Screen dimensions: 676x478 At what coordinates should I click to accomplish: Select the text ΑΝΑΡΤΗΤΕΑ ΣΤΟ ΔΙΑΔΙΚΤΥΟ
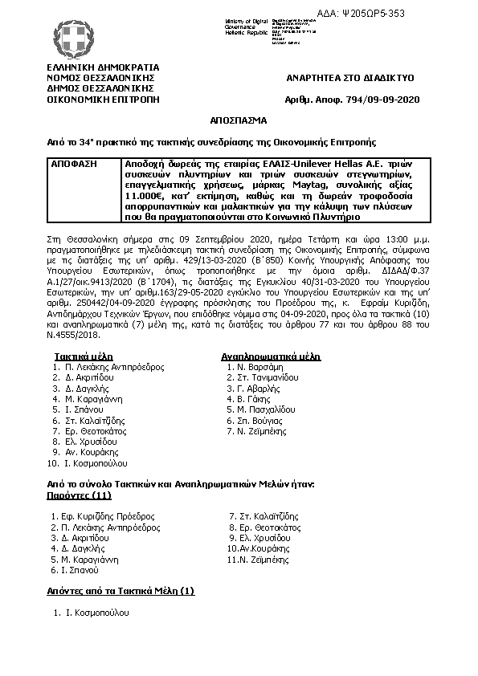click(350, 78)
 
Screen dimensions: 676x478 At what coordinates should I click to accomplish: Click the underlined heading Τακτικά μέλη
click(84, 356)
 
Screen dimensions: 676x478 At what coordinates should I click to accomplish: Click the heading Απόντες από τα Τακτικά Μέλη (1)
click(121, 592)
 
